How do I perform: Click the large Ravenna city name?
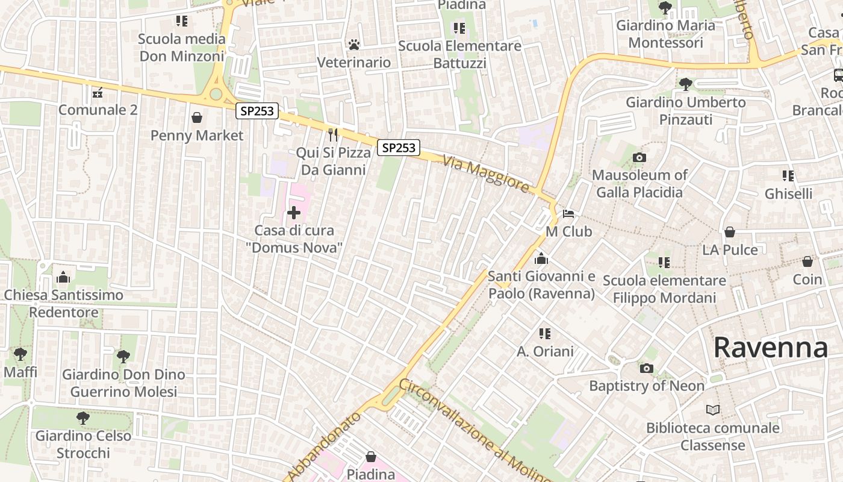pyautogui.click(x=770, y=348)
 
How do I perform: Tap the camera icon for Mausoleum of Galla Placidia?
pyautogui.click(x=639, y=158)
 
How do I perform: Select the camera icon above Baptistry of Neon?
pyautogui.click(x=646, y=368)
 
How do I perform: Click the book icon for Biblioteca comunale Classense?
pyautogui.click(x=713, y=410)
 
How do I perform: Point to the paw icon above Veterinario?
pyautogui.click(x=354, y=45)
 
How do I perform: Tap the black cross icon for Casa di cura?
pyautogui.click(x=294, y=213)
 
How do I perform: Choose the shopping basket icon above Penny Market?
pyautogui.click(x=197, y=117)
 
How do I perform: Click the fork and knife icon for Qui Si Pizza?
pyautogui.click(x=333, y=134)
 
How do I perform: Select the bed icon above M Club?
pyautogui.click(x=568, y=214)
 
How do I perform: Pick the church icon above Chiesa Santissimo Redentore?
pyautogui.click(x=63, y=277)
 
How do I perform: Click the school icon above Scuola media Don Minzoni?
pyautogui.click(x=182, y=22)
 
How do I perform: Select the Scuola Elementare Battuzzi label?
pyautogui.click(x=459, y=54)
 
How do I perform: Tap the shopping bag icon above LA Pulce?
pyautogui.click(x=730, y=232)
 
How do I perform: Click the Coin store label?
pyautogui.click(x=807, y=280)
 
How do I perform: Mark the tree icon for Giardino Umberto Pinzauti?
pyautogui.click(x=685, y=84)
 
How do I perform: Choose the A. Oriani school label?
pyautogui.click(x=545, y=351)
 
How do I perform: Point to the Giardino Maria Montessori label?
pyautogui.click(x=665, y=34)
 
